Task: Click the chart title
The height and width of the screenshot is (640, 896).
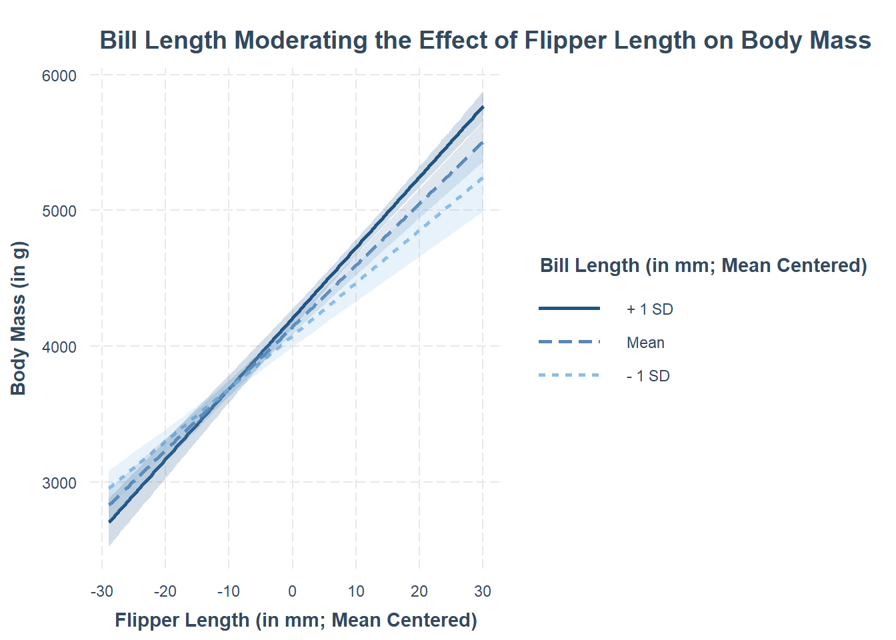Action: point(485,41)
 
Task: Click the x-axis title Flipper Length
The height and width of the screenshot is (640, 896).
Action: point(296,620)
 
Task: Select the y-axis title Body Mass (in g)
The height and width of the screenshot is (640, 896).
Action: point(19,319)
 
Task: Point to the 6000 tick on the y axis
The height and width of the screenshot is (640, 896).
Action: point(59,76)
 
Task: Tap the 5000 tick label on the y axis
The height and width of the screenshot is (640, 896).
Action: point(59,211)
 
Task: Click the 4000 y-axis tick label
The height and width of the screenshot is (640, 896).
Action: point(59,347)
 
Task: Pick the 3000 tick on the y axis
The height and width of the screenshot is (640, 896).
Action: point(59,483)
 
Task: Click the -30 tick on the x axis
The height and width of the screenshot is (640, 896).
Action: point(101,591)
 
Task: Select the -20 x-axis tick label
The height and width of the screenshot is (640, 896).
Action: point(165,591)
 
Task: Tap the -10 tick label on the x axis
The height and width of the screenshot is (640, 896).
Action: point(229,591)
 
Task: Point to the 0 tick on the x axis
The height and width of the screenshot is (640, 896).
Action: point(292,591)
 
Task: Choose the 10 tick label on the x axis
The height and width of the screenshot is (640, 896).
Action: point(356,591)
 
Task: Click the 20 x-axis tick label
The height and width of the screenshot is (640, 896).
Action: point(419,591)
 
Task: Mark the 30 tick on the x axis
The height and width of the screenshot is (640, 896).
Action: point(483,591)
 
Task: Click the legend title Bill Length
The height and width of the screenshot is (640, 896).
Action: point(703,265)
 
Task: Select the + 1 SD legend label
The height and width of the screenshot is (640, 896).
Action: point(650,309)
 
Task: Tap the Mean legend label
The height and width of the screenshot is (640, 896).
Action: point(645,343)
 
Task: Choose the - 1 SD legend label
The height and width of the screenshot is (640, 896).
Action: point(648,376)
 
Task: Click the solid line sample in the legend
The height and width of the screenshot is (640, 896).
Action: point(569,309)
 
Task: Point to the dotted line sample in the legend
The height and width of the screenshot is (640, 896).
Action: point(569,375)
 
